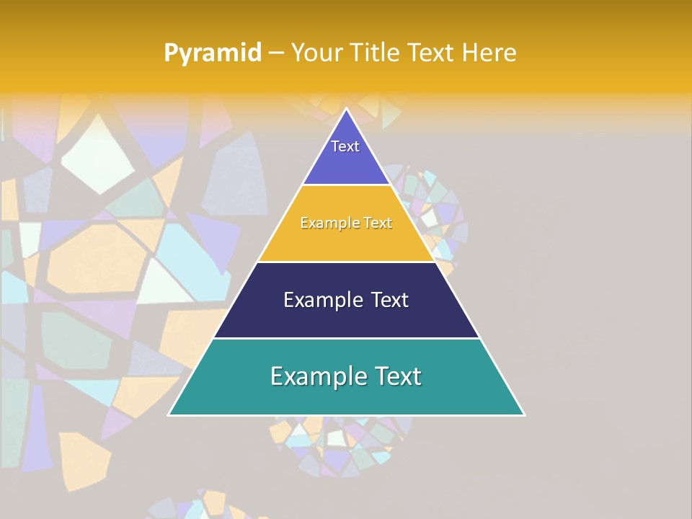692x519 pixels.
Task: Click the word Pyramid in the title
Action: (x=212, y=53)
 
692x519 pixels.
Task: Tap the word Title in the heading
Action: (x=376, y=53)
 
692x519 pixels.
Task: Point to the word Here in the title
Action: (x=489, y=53)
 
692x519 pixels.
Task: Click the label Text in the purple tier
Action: (x=345, y=146)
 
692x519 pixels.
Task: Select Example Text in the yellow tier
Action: (x=346, y=223)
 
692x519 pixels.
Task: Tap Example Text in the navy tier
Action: (x=346, y=300)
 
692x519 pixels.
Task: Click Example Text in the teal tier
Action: (x=346, y=376)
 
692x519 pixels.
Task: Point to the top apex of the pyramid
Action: (x=346, y=110)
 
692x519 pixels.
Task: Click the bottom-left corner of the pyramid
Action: (x=169, y=414)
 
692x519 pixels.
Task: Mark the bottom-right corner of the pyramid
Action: (x=523, y=414)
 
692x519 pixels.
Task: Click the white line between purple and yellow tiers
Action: (x=346, y=185)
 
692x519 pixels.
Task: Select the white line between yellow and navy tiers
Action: (x=346, y=262)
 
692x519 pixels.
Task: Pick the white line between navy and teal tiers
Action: (x=346, y=338)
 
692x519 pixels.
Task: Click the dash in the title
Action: (x=275, y=53)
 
